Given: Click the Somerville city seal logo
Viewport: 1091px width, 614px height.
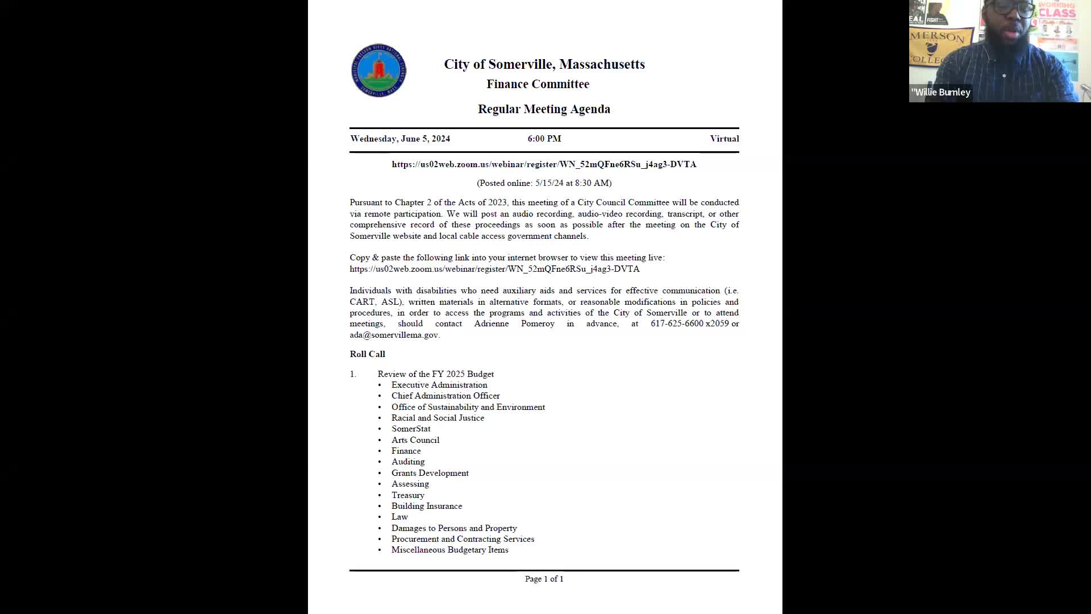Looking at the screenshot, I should pos(378,70).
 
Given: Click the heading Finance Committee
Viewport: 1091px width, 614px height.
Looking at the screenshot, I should pos(538,84).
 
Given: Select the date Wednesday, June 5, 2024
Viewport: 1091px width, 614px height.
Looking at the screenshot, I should pos(400,139).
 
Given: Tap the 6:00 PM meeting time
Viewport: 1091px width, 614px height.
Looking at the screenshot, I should pos(544,139).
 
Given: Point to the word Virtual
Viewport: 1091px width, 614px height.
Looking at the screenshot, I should pos(724,139).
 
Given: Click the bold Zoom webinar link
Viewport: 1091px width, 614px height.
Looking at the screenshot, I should pos(544,164).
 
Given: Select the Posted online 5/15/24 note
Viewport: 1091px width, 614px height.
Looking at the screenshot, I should pos(544,183).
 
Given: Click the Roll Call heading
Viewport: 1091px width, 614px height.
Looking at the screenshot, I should pos(367,354).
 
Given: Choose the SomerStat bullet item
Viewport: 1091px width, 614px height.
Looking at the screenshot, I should pos(410,429).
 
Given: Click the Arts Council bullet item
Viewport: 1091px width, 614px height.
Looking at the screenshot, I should pos(415,440).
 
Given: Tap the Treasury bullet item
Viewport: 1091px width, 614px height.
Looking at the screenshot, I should pos(407,495).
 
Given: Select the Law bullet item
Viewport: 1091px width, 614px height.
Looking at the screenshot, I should pos(399,517).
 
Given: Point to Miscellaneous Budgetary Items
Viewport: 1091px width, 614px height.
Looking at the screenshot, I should pos(449,550).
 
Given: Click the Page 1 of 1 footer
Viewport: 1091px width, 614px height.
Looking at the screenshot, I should pos(544,579).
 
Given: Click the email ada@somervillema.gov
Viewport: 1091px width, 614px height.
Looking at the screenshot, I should pos(394,335).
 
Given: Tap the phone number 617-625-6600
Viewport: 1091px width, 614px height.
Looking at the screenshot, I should pos(677,323).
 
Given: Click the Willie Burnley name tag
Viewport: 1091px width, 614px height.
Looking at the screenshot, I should pos(941,92).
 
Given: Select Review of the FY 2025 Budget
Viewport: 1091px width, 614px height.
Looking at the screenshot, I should pos(435,374).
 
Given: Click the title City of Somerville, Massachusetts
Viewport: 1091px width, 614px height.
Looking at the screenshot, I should pos(544,64).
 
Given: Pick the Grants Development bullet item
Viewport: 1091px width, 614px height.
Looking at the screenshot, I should pos(430,473).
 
